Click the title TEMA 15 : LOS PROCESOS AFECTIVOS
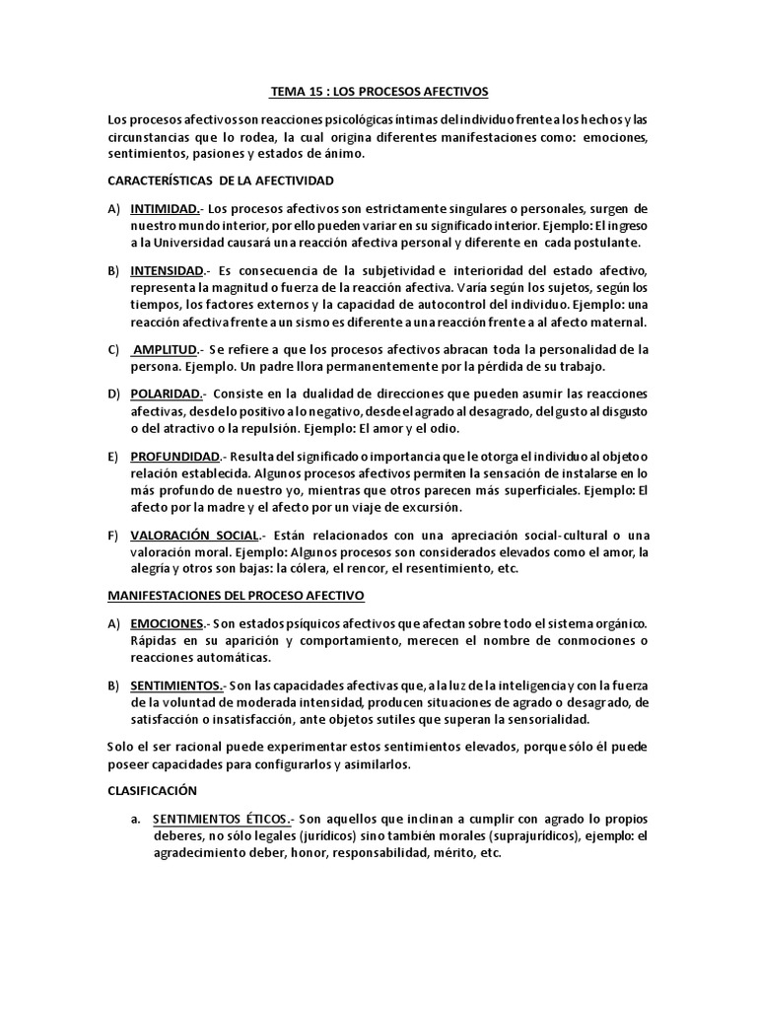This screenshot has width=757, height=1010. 378,92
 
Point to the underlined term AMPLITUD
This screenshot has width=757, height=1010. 167,349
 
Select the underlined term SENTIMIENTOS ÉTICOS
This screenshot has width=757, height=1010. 222,820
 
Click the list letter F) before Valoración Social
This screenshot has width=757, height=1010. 115,535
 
